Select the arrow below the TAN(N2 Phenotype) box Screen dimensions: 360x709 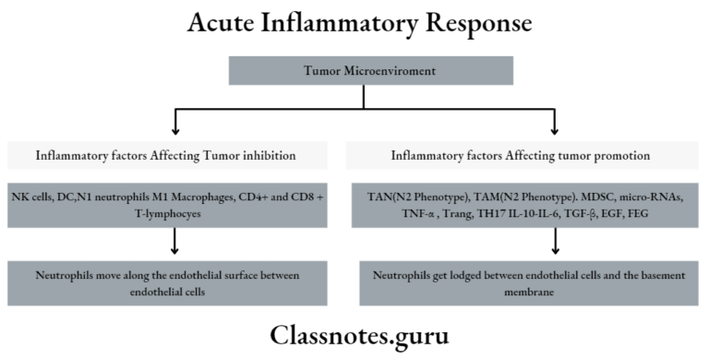pyautogui.click(x=554, y=246)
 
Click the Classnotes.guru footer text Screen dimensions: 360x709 pyautogui.click(x=354, y=334)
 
